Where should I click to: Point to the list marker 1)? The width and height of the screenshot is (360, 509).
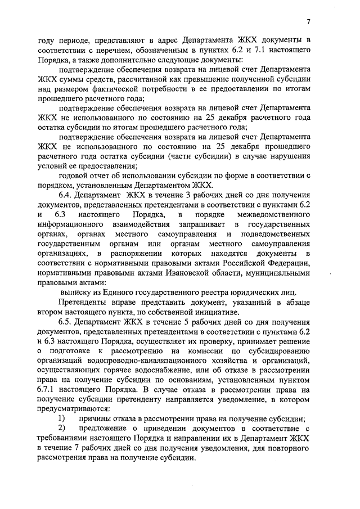point(62,418)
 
